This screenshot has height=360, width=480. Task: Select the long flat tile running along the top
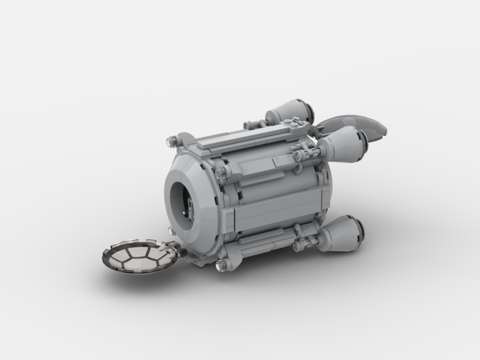click(x=240, y=137)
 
